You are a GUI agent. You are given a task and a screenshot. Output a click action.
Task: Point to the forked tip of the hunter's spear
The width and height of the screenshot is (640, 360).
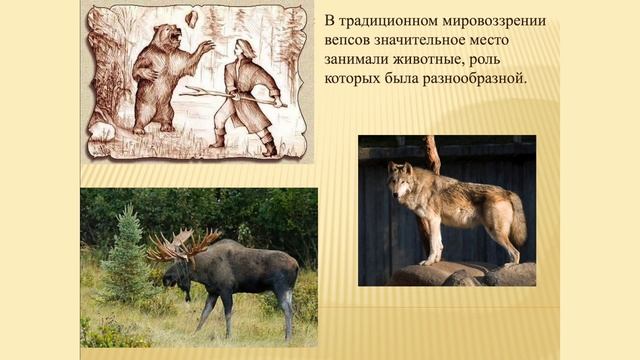tap(186, 91)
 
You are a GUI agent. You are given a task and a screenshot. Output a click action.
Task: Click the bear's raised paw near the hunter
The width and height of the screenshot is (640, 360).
tap(205, 46)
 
